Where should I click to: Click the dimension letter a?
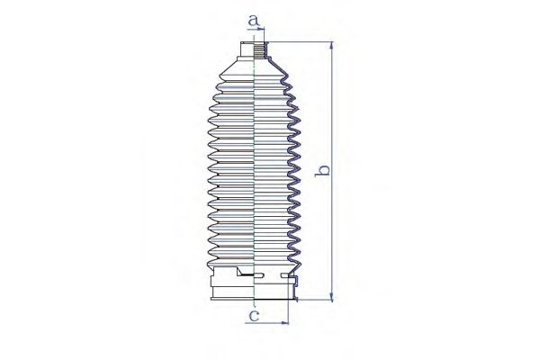coord(254,21)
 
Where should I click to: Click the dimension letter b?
coord(323,170)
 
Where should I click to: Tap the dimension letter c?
coord(254,315)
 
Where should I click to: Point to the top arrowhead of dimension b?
coord(331,46)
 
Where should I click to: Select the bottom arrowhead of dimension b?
coord(331,297)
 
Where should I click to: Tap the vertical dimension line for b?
coord(331,172)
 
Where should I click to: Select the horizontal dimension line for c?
coord(267,323)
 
